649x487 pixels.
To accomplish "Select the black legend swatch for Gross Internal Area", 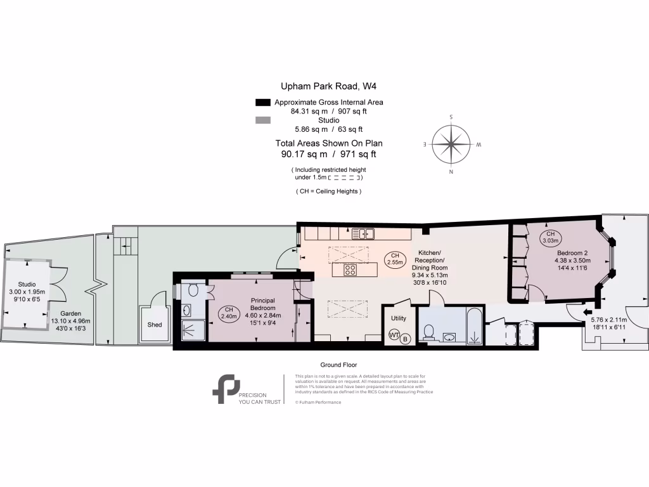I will (262, 102).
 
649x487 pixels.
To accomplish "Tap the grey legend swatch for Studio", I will (262, 120).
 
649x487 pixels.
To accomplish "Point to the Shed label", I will (155, 325).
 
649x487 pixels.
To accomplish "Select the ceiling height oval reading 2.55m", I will (395, 259).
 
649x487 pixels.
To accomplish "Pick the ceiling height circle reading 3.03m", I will (549, 238).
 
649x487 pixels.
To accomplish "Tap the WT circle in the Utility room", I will (394, 334).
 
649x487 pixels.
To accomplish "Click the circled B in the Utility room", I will (405, 339).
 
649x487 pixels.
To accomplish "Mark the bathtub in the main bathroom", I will (475, 325).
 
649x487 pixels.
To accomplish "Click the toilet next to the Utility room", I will (429, 332).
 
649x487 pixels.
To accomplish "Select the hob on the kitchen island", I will (350, 270).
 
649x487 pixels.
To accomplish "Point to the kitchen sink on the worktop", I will (364, 233).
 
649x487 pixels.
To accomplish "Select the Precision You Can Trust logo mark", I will (226, 389).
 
